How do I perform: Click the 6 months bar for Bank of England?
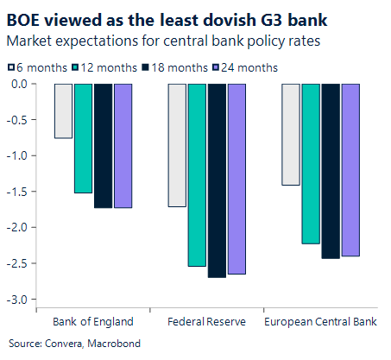point(63,111)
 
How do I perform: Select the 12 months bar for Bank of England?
point(83,138)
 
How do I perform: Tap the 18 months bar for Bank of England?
point(103,146)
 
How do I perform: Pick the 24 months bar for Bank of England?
point(123,146)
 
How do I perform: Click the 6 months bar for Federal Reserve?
point(177,145)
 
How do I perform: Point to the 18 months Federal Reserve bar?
point(217,180)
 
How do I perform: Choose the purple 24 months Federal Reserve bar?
point(236,179)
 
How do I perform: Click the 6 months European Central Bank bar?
point(291,135)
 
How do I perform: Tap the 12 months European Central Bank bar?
point(311,164)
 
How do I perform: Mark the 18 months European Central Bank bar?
point(331,171)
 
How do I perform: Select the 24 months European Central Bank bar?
point(350,170)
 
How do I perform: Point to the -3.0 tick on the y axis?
point(18,300)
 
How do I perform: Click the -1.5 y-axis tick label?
point(18,192)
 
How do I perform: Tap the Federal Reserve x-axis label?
point(207,322)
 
